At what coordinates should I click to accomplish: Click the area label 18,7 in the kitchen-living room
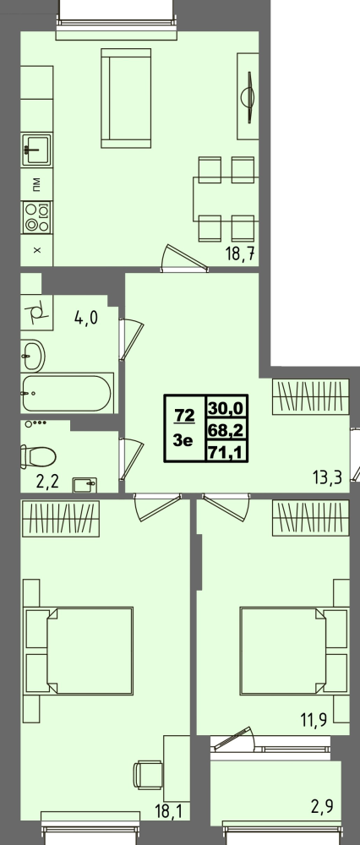tap(242, 253)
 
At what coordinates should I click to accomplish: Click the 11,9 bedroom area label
tap(325, 722)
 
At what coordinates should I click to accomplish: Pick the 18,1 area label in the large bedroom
tap(168, 812)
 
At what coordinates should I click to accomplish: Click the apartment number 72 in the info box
tap(184, 415)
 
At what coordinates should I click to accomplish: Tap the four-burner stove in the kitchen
tap(36, 217)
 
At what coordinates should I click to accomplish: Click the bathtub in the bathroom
tap(65, 394)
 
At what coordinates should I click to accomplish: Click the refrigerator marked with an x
tap(35, 250)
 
